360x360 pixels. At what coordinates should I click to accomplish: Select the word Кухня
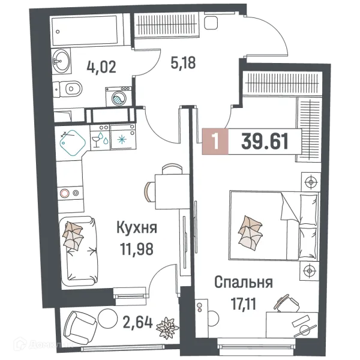[x=137, y=228]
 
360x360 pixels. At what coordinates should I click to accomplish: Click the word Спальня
[x=243, y=282]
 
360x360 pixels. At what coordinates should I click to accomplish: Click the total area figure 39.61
[x=265, y=142]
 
